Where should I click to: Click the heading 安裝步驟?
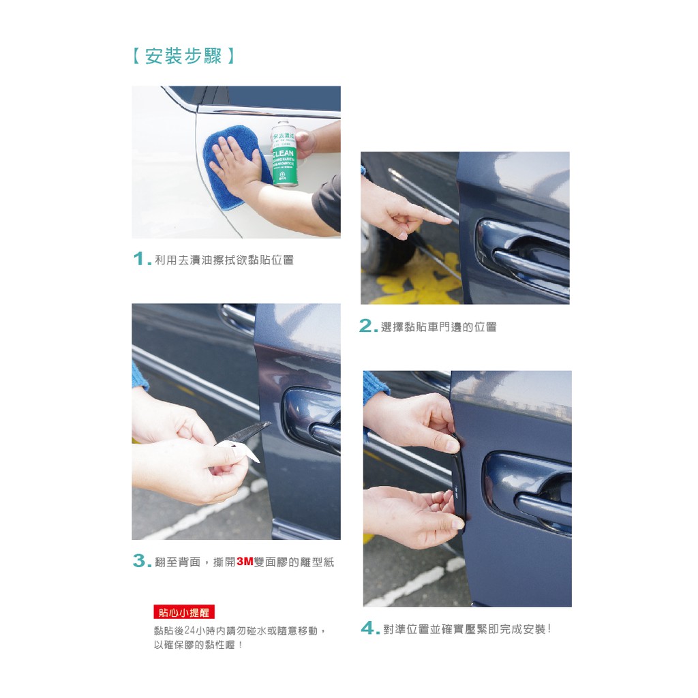tap(183, 57)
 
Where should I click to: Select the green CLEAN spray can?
tap(284, 153)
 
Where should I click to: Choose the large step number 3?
tap(142, 561)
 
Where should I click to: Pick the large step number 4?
tap(370, 628)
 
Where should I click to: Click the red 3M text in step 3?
tap(245, 562)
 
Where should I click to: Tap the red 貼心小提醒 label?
tap(184, 612)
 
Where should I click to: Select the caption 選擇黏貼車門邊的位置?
tap(438, 327)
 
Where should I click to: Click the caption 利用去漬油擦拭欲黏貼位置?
tap(224, 260)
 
